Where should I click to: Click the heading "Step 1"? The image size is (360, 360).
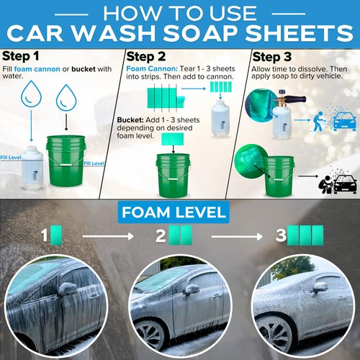pyautogui.click(x=21, y=57)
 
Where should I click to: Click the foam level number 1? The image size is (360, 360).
pyautogui.click(x=44, y=234)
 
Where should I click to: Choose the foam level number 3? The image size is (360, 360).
pyautogui.click(x=279, y=234)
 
